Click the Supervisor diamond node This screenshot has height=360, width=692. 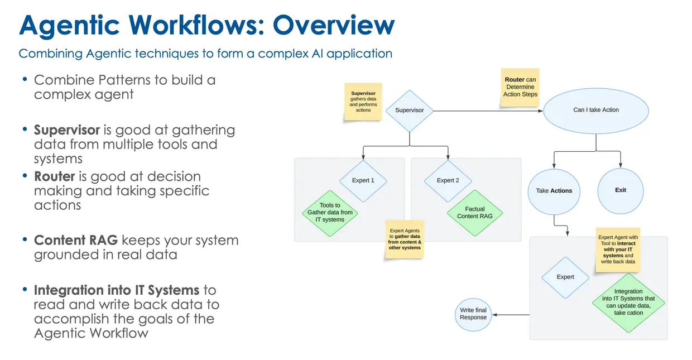410,111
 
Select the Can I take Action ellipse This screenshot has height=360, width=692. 596,110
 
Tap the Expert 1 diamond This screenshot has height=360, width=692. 363,180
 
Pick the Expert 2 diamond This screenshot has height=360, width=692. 448,180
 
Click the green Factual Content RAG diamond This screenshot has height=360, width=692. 474,213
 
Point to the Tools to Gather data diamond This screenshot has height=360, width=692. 330,213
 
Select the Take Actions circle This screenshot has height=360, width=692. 554,191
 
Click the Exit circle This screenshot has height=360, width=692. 621,190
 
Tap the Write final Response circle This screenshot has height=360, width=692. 473,314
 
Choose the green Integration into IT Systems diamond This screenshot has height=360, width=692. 628,302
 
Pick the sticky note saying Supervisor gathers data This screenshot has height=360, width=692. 363,102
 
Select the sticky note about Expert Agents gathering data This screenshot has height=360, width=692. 405,239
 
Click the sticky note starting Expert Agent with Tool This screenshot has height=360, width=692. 618,249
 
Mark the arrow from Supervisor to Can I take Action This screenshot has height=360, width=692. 486,111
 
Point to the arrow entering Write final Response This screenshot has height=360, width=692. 510,315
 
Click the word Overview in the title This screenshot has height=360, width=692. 333,25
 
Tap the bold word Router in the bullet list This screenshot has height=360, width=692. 54,176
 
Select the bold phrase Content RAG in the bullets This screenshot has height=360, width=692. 75,241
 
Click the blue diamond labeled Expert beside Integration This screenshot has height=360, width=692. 565,277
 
